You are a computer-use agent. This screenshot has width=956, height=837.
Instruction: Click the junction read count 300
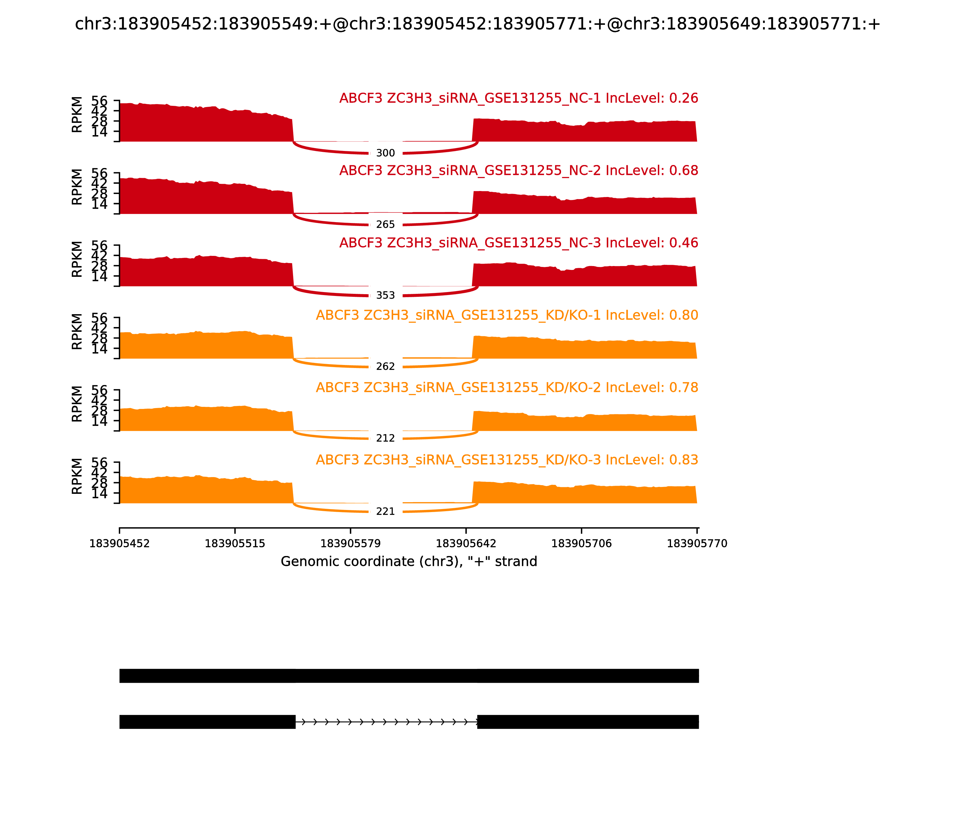(x=385, y=153)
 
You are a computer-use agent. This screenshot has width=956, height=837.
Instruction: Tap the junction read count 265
(x=385, y=225)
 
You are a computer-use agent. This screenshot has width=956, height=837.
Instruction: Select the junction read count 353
(x=385, y=295)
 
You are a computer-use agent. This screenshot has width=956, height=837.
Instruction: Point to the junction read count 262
(x=385, y=367)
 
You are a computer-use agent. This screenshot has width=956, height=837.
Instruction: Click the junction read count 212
(x=385, y=438)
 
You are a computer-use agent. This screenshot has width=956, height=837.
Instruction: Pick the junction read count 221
(x=385, y=511)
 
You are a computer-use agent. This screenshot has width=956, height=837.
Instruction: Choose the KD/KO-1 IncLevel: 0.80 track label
(x=507, y=315)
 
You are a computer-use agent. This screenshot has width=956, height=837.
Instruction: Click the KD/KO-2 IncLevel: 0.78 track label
(x=507, y=388)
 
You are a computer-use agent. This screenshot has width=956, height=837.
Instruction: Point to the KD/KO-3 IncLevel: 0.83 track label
(x=507, y=460)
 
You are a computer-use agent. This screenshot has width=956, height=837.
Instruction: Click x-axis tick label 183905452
(x=119, y=544)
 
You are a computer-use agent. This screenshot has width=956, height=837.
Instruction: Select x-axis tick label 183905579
(x=350, y=544)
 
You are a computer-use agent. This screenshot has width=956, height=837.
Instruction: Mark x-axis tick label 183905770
(x=697, y=544)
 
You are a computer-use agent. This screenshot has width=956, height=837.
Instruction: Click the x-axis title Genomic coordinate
(x=409, y=561)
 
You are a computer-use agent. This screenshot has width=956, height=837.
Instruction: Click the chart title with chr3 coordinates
(x=477, y=24)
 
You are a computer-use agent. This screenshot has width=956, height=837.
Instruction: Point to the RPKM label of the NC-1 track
(x=77, y=114)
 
